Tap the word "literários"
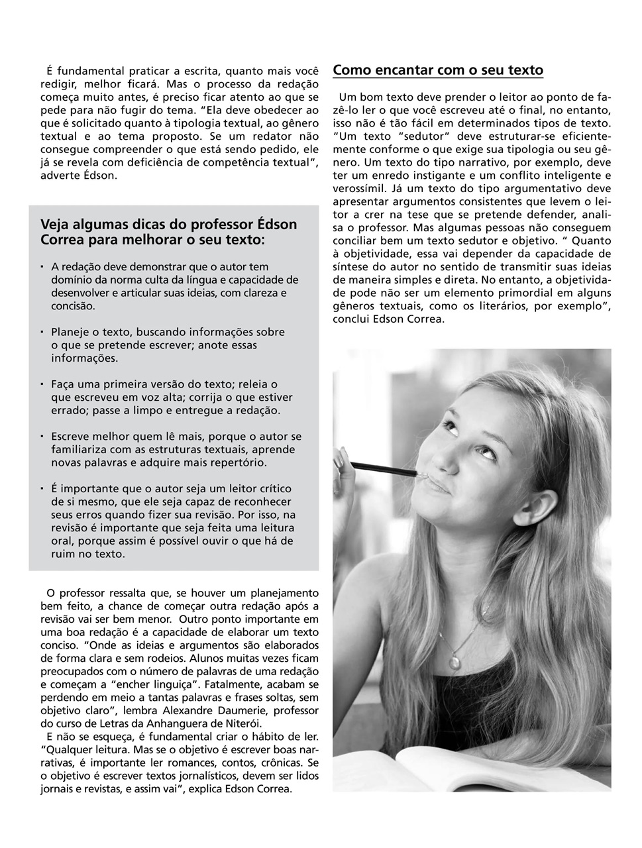pyautogui.click(x=510, y=305)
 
